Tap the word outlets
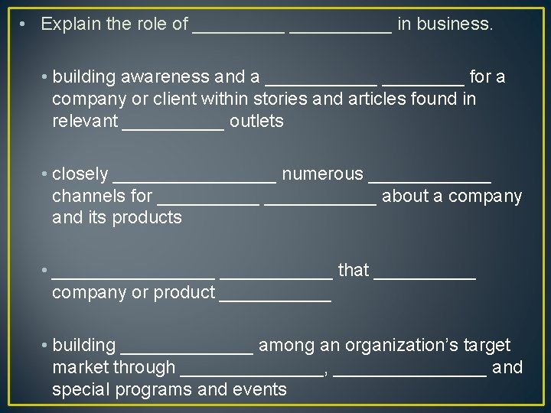[256, 122]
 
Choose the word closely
[80, 175]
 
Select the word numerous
[322, 175]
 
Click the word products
[147, 219]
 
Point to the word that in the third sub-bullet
[354, 271]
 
